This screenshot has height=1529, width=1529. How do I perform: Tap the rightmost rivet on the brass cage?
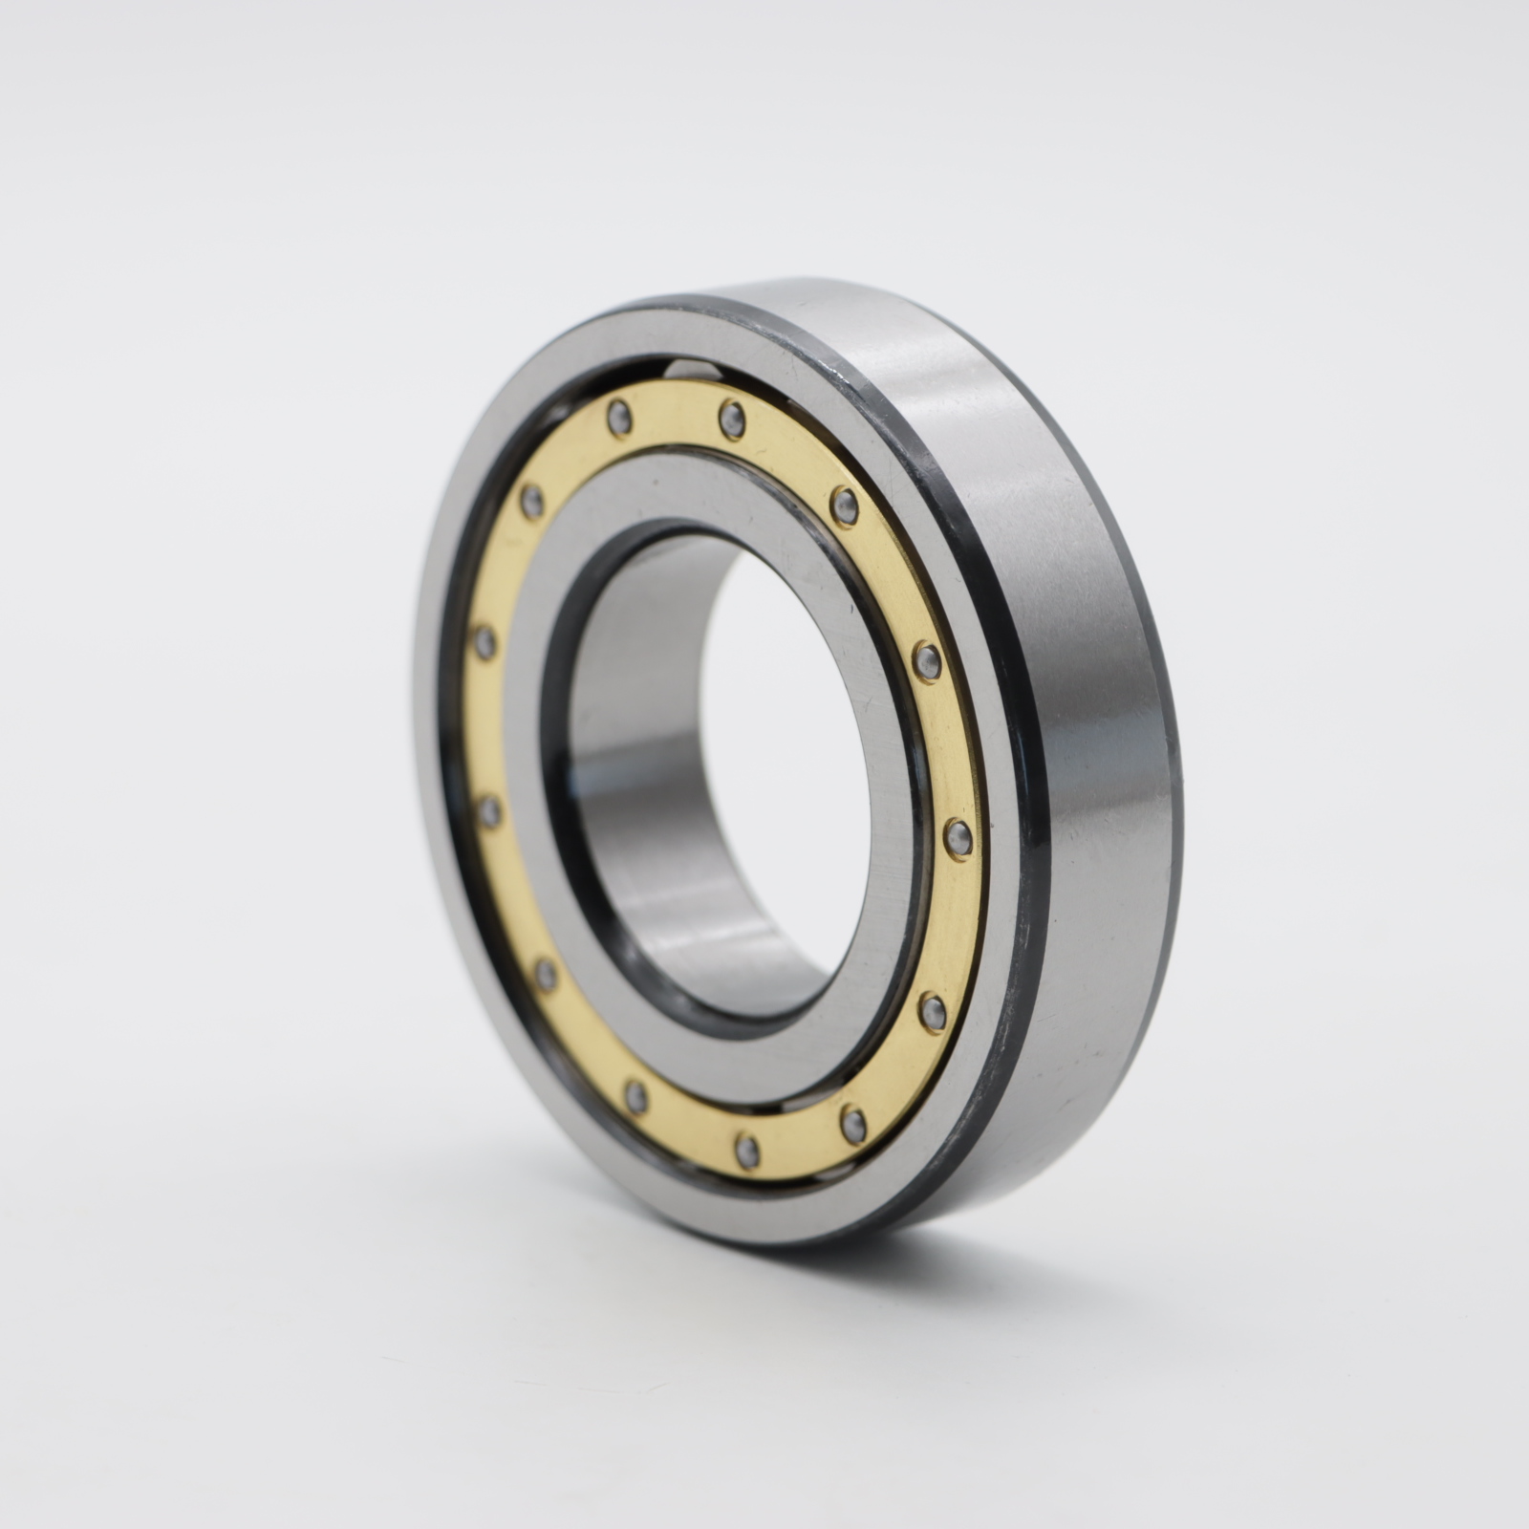958,838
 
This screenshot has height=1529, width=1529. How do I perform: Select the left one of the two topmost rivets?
620,417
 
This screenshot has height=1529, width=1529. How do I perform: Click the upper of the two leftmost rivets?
485,641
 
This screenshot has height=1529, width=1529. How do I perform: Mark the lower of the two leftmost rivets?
489,813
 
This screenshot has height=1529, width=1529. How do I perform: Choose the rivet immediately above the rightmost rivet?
926,658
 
